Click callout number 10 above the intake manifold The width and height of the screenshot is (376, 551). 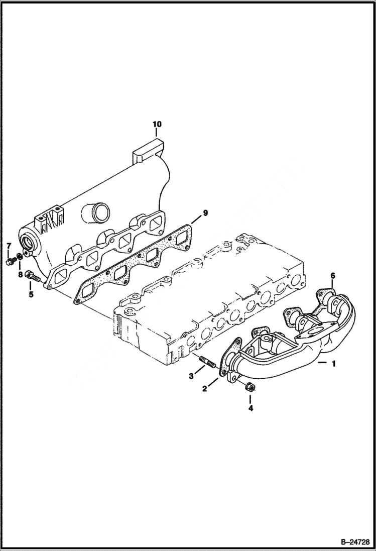coord(157,124)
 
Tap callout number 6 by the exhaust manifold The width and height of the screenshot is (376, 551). coord(332,276)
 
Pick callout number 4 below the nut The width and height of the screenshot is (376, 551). coord(250,408)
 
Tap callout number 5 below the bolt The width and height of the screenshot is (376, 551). coord(31,294)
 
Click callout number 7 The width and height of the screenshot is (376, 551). coord(9,245)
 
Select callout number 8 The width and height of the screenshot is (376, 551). coord(21,275)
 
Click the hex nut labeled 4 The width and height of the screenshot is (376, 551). coord(250,387)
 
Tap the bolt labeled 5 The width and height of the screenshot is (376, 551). coord(33,275)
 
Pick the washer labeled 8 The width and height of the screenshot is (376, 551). coord(18,257)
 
